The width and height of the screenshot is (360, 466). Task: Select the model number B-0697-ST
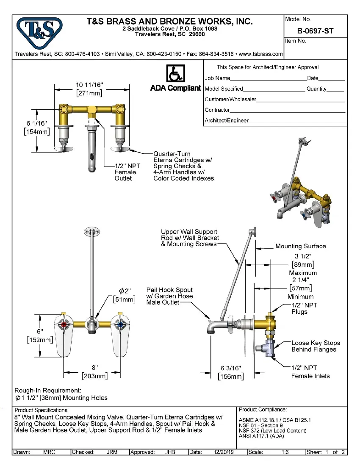tap(316, 31)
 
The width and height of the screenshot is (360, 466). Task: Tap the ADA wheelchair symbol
tap(174, 74)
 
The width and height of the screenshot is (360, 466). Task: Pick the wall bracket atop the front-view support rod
tap(90, 231)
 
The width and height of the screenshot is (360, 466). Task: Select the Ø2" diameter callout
tap(125, 295)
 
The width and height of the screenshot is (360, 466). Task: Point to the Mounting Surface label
tap(300, 246)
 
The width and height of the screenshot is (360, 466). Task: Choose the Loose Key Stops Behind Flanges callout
tap(315, 346)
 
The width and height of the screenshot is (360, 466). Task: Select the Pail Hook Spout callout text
tap(169, 296)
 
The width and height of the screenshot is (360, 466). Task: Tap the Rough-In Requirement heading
tap(47, 390)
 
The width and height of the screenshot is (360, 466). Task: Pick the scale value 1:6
tap(285, 452)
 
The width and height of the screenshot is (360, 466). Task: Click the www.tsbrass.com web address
tap(261, 54)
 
